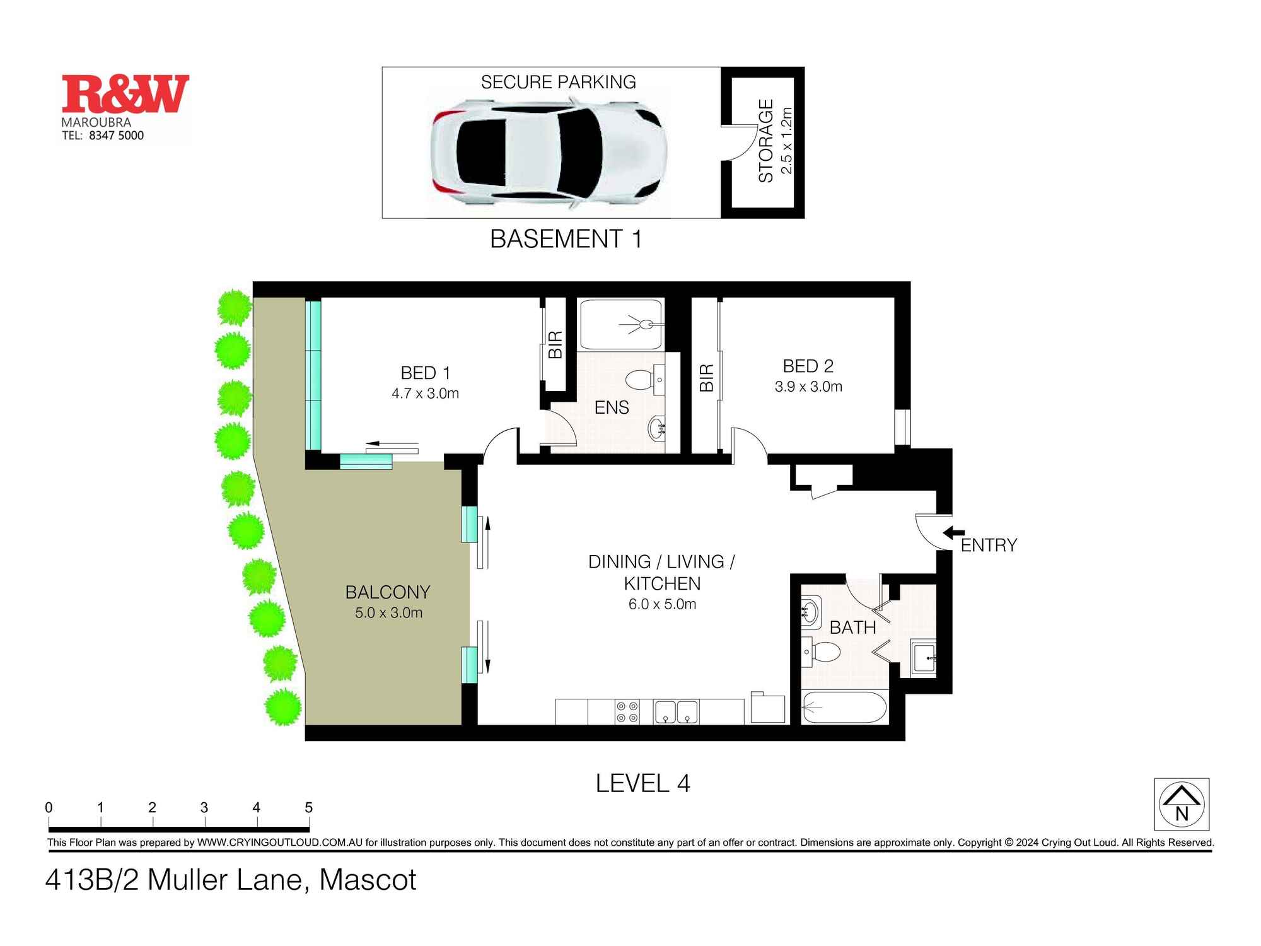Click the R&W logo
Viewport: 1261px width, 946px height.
[x=125, y=94]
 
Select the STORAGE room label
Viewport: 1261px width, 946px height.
[x=766, y=141]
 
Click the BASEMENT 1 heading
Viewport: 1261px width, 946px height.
[x=566, y=239]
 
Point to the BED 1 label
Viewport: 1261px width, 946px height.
[x=426, y=373]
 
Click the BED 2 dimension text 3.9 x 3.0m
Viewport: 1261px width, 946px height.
[x=808, y=387]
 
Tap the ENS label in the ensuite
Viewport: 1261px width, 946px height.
[x=612, y=407]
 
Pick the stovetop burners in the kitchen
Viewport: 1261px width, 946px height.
[x=627, y=712]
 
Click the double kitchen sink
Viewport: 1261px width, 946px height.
[x=676, y=712]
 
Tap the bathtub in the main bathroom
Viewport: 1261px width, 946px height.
[x=844, y=708]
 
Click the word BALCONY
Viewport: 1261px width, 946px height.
[x=388, y=592]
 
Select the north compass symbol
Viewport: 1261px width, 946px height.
[x=1182, y=804]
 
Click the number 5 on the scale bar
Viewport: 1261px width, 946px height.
[x=308, y=808]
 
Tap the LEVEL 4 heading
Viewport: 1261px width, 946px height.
[x=642, y=784]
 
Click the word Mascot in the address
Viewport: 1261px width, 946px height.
[x=368, y=880]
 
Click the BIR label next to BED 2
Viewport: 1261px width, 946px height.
[x=707, y=378]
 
